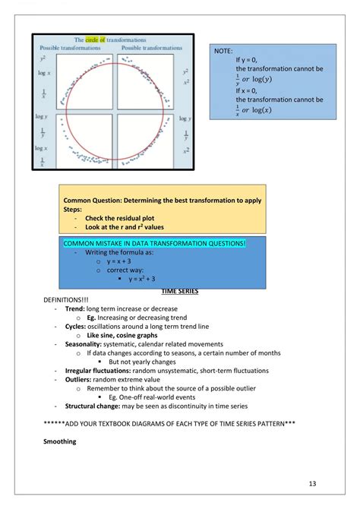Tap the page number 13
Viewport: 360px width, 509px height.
313,483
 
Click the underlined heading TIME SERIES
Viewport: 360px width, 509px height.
179,291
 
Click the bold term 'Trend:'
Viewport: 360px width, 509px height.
74,308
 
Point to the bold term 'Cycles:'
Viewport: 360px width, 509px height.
76,326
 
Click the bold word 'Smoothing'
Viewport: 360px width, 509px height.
59,441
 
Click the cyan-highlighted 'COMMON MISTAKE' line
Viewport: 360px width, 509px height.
154,242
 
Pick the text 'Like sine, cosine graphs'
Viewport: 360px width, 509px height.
122,334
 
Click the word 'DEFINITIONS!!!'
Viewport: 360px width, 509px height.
68,300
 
